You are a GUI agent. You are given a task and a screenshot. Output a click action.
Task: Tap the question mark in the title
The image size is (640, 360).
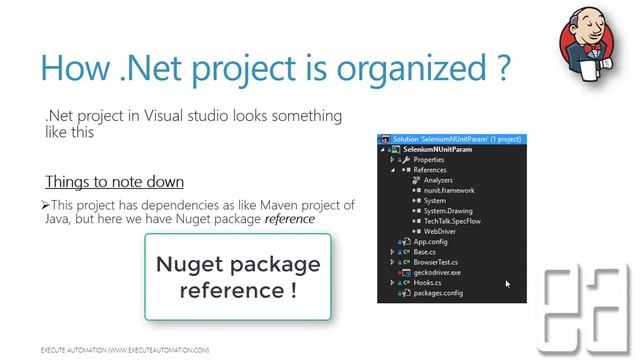pyautogui.click(x=499, y=67)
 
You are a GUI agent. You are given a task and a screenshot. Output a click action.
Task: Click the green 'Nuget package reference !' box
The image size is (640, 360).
pyautogui.click(x=238, y=277)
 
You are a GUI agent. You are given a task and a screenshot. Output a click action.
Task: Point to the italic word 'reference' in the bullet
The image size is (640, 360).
pyautogui.click(x=290, y=218)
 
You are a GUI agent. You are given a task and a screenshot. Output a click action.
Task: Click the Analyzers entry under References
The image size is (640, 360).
pyautogui.click(x=438, y=180)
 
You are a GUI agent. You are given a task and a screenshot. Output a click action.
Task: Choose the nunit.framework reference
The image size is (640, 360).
pyautogui.click(x=448, y=190)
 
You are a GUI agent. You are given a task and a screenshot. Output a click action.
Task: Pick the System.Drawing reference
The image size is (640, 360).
pyautogui.click(x=446, y=211)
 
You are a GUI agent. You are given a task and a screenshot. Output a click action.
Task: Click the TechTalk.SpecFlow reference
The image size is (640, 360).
pyautogui.click(x=450, y=221)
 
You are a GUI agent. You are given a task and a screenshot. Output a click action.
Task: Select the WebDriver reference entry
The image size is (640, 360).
pyautogui.click(x=440, y=231)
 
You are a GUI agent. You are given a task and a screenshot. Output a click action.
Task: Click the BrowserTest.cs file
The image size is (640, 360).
pyautogui.click(x=435, y=262)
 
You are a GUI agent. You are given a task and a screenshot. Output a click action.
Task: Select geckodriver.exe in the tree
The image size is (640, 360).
pyautogui.click(x=437, y=272)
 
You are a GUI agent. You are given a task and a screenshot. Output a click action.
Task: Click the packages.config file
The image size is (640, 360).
pyautogui.click(x=438, y=293)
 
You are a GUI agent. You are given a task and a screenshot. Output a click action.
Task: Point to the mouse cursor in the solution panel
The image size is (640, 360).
pyautogui.click(x=508, y=284)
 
